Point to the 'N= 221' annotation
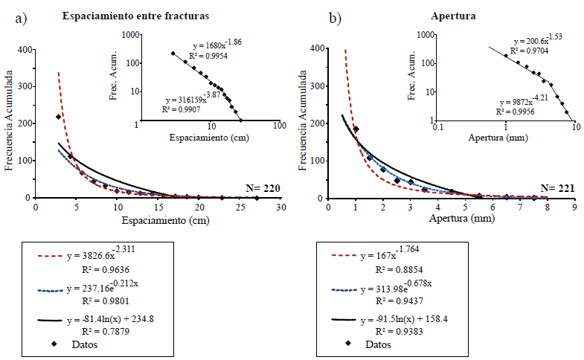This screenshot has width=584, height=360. tap(557, 187)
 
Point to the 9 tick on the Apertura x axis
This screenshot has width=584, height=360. tap(574, 208)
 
